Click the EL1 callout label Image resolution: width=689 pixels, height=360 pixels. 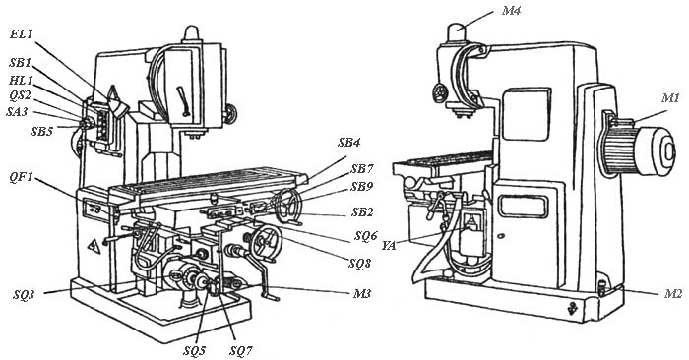[22, 33]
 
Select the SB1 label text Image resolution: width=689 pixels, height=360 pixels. [21, 63]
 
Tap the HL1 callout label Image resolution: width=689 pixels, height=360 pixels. [21, 80]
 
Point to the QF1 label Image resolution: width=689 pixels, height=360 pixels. [21, 179]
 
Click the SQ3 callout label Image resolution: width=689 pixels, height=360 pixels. [24, 295]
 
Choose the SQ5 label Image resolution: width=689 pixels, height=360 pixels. [195, 350]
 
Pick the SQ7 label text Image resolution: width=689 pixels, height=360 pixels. [241, 351]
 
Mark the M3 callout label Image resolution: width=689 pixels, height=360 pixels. [362, 293]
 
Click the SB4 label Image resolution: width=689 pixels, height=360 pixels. [349, 143]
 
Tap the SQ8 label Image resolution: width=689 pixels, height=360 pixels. [360, 264]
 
